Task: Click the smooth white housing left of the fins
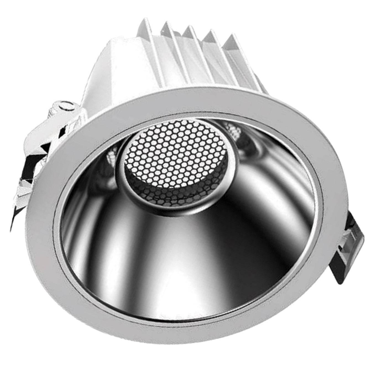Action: [x=111, y=64]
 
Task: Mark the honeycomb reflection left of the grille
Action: [x=111, y=158]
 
